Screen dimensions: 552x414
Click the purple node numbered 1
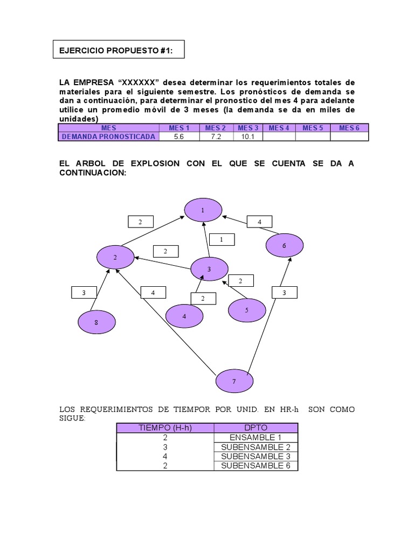coord(203,210)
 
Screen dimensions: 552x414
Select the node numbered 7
coord(234,382)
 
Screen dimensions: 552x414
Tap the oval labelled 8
coord(96,322)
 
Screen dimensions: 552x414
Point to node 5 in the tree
coord(247,310)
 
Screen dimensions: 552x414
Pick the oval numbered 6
coord(284,245)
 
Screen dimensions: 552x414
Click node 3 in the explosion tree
coord(209,268)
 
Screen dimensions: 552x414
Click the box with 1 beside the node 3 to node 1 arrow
coord(221,239)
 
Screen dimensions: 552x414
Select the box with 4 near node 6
coord(259,222)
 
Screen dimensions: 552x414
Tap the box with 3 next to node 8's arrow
coord(84,293)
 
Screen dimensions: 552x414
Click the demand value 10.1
coord(248,136)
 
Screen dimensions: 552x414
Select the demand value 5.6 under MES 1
coord(179,136)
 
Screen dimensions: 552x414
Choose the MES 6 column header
coord(349,128)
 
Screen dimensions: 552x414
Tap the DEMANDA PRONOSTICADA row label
coord(108,136)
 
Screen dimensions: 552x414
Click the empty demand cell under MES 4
coord(279,136)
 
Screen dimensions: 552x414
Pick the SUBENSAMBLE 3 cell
coord(256,457)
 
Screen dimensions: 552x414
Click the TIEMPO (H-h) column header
coord(165,428)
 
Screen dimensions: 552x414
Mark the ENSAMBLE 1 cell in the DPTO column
coord(256,438)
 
